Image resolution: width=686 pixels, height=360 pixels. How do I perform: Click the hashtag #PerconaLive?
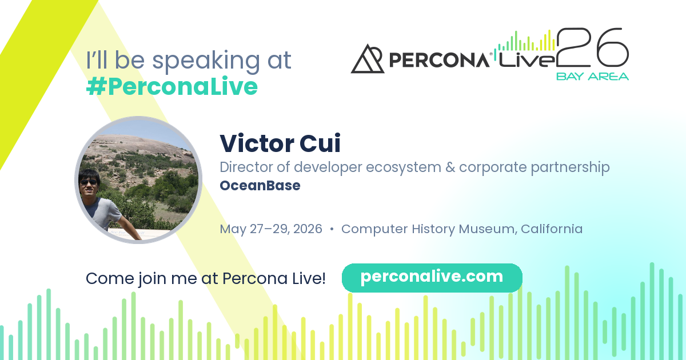click(172, 87)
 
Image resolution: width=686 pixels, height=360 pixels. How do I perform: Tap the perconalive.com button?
click(432, 278)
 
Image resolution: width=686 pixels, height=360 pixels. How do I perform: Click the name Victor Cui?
click(280, 143)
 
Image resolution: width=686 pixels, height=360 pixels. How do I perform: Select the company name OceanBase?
click(260, 186)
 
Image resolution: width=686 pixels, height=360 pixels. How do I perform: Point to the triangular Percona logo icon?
click(367, 59)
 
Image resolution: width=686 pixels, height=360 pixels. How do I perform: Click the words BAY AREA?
click(592, 77)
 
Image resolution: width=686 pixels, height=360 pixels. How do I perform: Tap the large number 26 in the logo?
click(593, 47)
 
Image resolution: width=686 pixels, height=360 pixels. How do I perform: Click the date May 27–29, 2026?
click(271, 229)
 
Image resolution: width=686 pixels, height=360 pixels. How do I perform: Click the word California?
click(552, 229)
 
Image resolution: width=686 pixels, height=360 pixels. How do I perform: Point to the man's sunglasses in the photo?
click(88, 182)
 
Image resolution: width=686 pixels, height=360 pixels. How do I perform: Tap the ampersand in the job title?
click(450, 167)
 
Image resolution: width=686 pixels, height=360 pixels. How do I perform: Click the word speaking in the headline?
click(206, 61)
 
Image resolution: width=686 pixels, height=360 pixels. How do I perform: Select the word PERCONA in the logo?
click(439, 59)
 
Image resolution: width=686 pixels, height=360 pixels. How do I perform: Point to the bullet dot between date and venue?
click(332, 229)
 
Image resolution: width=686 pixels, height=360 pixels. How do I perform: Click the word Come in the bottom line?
click(110, 279)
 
